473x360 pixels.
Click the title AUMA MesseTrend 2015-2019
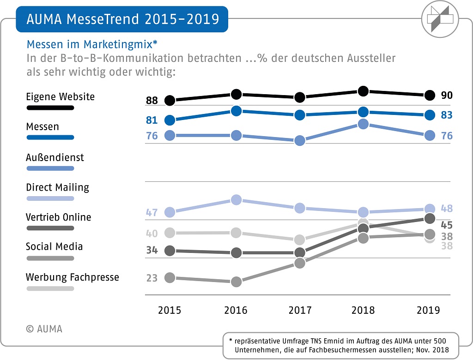[122, 19]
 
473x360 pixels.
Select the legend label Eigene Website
[60, 97]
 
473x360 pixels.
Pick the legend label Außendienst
[55, 157]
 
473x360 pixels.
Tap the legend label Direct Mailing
[57, 187]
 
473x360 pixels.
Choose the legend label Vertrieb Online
[58, 217]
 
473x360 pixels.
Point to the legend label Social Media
[54, 246]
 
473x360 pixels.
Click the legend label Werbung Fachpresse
[73, 277]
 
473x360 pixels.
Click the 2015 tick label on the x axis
[170, 310]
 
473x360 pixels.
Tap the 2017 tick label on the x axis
[300, 310]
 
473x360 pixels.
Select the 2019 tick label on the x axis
[428, 310]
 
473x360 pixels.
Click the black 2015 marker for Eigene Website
[170, 100]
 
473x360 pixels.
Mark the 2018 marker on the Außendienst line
[364, 124]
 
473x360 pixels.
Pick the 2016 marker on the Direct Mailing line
[236, 199]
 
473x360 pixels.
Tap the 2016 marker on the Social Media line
[236, 282]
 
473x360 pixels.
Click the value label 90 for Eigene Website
[447, 96]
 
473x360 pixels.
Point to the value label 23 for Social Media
[152, 278]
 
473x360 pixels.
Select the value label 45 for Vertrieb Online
[447, 225]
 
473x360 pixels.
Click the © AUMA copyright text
[44, 329]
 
